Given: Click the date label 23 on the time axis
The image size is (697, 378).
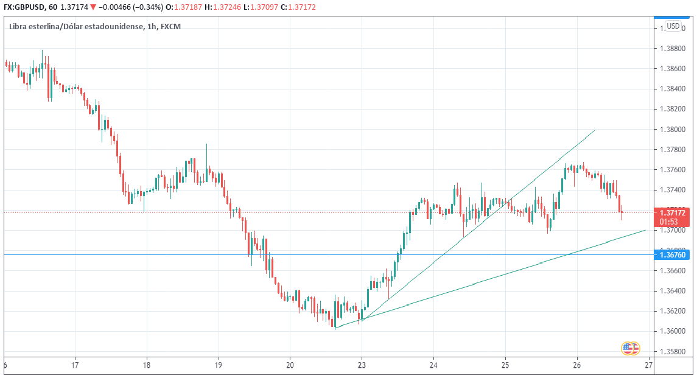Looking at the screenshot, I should (362, 365).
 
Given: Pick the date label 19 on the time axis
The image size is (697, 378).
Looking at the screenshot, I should (219, 365).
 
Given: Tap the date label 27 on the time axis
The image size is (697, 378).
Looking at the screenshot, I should (649, 365).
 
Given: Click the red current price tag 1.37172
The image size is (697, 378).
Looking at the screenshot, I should (672, 212).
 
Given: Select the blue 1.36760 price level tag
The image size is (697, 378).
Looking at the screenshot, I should (672, 255).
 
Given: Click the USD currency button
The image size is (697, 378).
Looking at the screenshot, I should (673, 26).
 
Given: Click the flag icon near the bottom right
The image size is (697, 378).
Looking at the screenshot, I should (630, 349).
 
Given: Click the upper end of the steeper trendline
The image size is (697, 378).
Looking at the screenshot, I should (595, 130).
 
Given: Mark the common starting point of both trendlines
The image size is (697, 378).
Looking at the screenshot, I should (335, 329).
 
